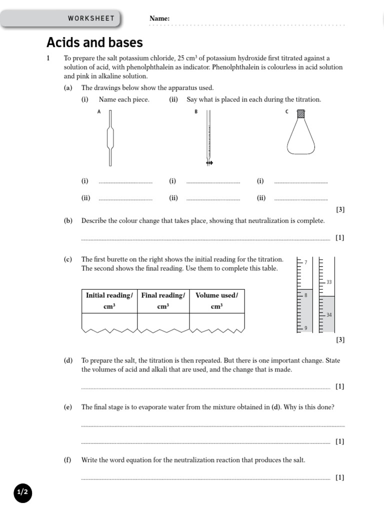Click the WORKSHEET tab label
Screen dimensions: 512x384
click(91, 18)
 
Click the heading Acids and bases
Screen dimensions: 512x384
click(94, 42)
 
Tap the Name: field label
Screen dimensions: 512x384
click(159, 18)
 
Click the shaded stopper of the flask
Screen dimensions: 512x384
click(301, 114)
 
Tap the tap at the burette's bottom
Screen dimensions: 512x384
click(209, 163)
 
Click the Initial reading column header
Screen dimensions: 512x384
click(109, 300)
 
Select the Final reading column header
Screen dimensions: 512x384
click(163, 300)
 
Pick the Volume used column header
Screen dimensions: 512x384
click(216, 300)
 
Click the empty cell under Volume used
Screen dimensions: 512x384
click(216, 321)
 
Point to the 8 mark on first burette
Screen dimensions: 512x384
click(306, 295)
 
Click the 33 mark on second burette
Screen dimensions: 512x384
click(328, 282)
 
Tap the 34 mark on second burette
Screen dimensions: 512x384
click(328, 315)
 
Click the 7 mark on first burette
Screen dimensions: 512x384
click(306, 262)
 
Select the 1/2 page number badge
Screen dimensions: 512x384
click(22, 492)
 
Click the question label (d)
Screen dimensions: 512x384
click(68, 360)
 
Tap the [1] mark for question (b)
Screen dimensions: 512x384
click(340, 237)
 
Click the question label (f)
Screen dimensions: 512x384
click(67, 460)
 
